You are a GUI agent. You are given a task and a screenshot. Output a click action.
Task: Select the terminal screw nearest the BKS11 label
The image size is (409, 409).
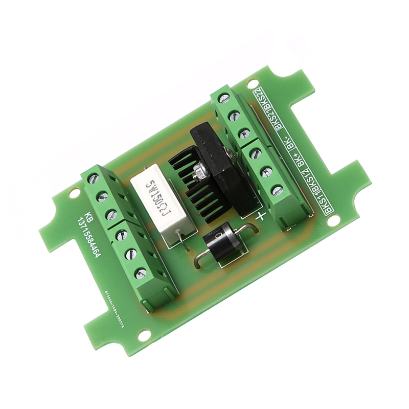(277, 191)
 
